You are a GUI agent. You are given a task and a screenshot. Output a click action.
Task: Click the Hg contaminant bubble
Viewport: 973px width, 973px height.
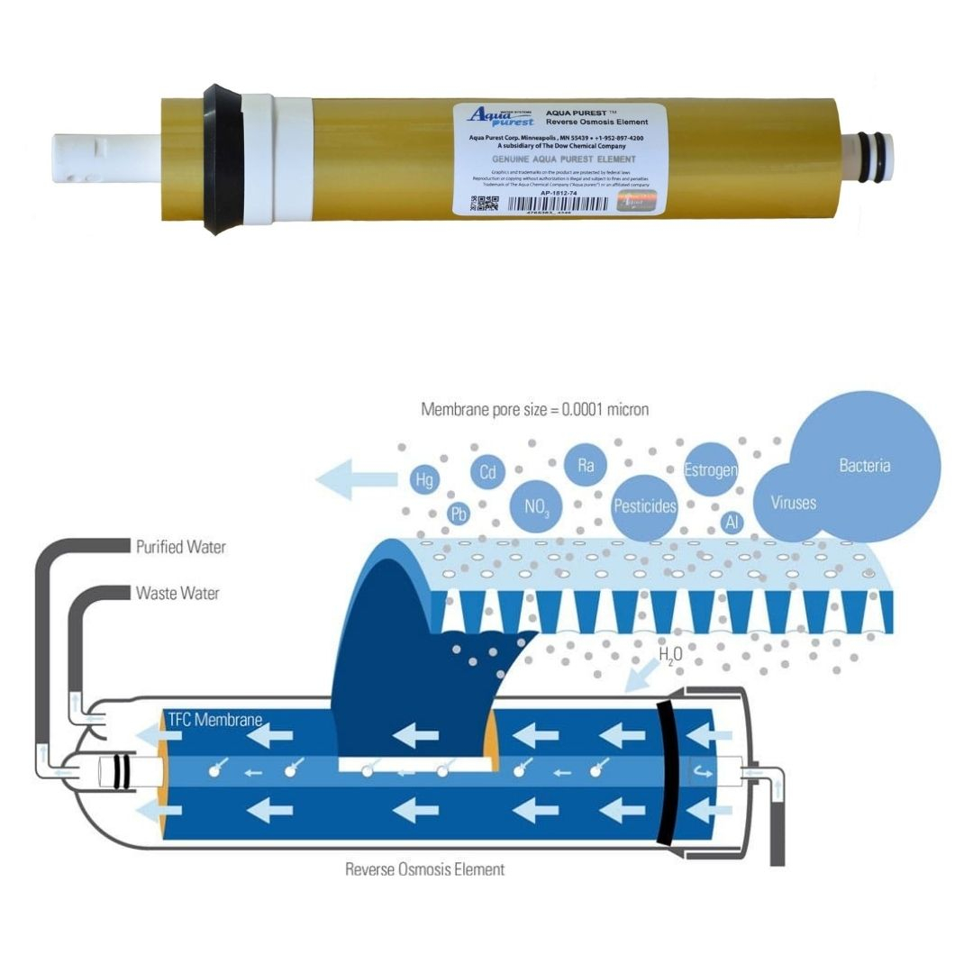tap(422, 479)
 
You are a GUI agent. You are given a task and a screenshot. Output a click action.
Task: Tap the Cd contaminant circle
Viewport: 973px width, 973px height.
tap(487, 471)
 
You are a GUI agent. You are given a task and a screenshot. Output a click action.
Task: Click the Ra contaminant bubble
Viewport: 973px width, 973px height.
tap(586, 466)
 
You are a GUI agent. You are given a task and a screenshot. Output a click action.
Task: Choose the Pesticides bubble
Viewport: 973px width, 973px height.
tap(644, 506)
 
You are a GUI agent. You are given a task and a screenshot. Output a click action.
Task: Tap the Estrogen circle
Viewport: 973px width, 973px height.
tap(711, 469)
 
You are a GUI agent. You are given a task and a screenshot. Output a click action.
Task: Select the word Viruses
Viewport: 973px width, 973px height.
tap(793, 503)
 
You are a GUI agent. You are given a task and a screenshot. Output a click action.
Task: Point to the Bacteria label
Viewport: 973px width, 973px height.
tap(864, 466)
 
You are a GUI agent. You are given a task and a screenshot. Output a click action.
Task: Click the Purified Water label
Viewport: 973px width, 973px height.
tap(180, 547)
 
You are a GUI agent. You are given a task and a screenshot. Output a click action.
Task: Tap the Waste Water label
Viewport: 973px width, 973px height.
tap(177, 594)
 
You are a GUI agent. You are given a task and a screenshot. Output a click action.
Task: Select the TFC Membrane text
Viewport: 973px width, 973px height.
tap(215, 720)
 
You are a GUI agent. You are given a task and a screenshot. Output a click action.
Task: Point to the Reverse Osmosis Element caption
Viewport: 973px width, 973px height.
tap(424, 869)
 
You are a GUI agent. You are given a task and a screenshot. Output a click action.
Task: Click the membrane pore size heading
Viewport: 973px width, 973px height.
tap(535, 409)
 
